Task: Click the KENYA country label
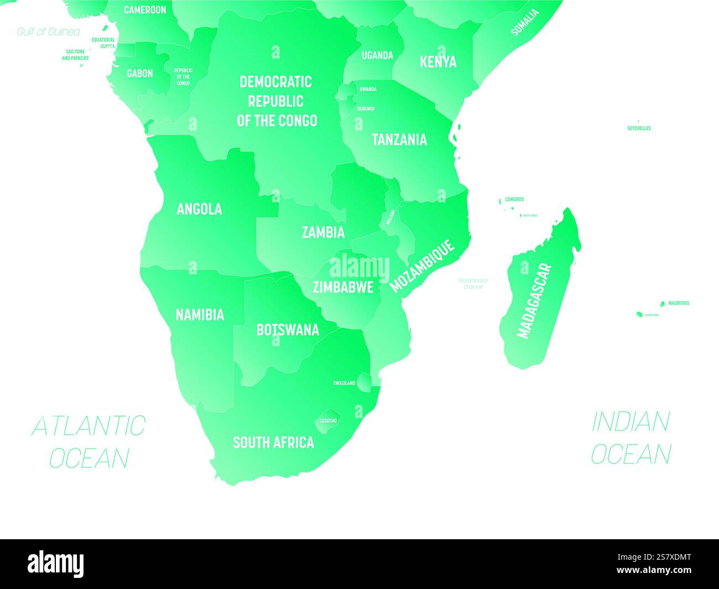pos(438,61)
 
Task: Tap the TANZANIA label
pos(399,139)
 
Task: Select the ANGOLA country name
pos(199,209)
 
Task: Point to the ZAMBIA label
pos(323,232)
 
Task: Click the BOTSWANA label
pos(288,330)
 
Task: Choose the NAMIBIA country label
pos(200,315)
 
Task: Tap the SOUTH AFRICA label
pos(273,442)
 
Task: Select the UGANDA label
pos(377,55)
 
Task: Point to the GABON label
pos(139,74)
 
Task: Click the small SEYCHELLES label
pos(639,128)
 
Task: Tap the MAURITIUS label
pos(679,303)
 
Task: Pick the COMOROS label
pos(514,199)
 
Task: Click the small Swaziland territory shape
pos(364,382)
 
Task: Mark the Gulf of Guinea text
pos(48,32)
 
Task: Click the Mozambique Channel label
pos(473,284)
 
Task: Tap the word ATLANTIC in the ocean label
pos(88,426)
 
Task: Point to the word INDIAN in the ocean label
pos(631,422)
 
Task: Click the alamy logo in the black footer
pos(56,564)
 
